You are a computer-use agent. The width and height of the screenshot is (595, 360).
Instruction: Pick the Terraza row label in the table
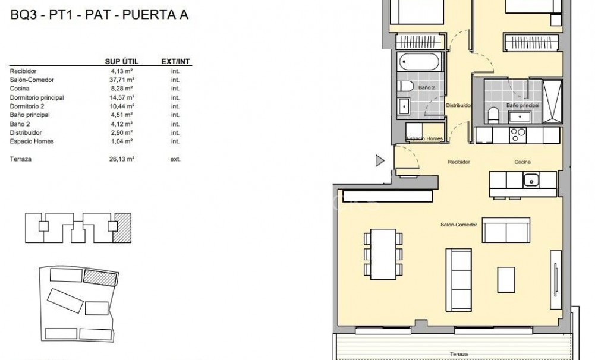pyautogui.click(x=21, y=159)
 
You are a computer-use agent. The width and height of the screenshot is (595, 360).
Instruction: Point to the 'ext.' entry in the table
pyautogui.click(x=175, y=159)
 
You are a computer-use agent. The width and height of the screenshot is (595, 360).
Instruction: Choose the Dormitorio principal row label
pyautogui.click(x=37, y=97)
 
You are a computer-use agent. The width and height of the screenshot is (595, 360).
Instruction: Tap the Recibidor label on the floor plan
pyautogui.click(x=459, y=162)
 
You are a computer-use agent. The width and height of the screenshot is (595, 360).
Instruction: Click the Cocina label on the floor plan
pyautogui.click(x=523, y=162)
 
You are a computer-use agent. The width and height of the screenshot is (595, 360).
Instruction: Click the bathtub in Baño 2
pyautogui.click(x=418, y=62)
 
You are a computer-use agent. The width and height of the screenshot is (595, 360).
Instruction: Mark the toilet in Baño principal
pyautogui.click(x=493, y=113)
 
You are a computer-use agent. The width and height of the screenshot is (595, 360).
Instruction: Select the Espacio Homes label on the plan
pyautogui.click(x=424, y=139)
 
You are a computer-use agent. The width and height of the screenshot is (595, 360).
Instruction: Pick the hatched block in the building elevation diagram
pyautogui.click(x=123, y=226)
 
